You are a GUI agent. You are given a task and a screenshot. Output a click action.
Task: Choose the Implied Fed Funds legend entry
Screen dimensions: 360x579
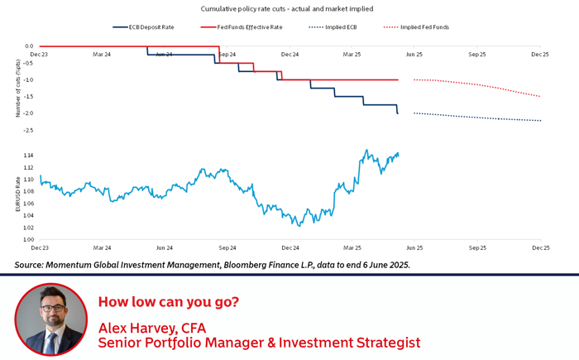(424, 27)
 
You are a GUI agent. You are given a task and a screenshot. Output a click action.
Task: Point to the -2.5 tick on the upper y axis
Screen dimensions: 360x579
(29, 130)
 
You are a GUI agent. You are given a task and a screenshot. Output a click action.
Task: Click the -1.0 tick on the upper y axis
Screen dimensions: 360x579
(29, 80)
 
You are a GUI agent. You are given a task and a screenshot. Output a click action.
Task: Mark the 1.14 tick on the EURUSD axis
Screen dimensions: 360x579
(29, 156)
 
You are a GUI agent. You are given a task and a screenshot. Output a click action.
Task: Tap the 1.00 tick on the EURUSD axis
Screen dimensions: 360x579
(29, 240)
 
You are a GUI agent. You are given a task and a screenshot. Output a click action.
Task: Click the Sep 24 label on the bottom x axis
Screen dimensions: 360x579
(227, 248)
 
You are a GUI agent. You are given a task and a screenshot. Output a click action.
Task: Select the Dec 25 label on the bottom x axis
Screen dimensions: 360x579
(540, 248)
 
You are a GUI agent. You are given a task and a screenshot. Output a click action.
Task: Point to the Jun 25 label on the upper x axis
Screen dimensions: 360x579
(414, 54)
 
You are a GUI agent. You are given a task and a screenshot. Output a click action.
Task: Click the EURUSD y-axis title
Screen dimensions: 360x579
(17, 194)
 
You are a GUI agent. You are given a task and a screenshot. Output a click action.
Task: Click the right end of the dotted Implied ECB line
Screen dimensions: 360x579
(541, 121)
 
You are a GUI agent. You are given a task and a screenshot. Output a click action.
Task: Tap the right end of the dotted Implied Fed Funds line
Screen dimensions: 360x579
(541, 97)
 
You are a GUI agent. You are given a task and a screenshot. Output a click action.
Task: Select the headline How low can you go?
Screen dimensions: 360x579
(169, 301)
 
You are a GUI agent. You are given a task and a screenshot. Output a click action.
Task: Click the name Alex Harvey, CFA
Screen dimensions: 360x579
(151, 327)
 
